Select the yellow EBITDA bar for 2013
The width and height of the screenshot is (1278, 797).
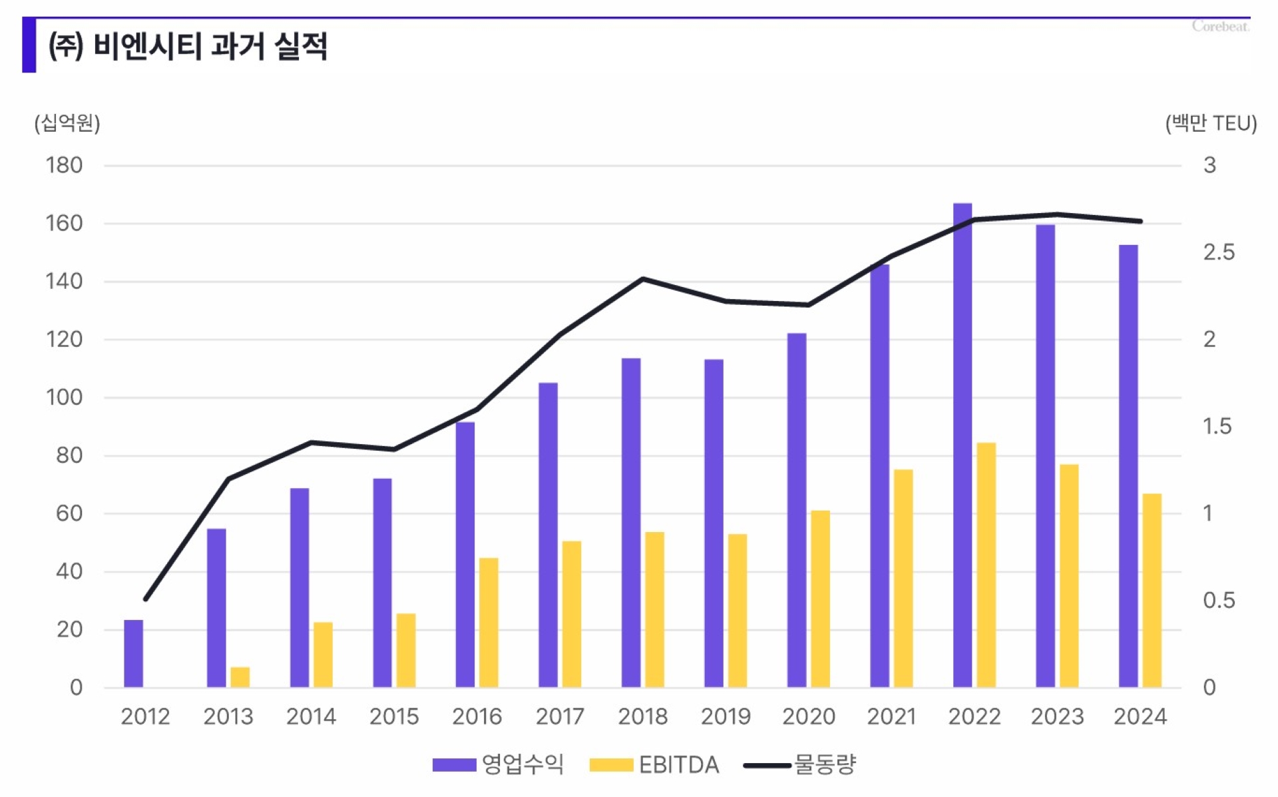pyautogui.click(x=240, y=676)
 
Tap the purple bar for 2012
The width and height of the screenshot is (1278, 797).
pyautogui.click(x=133, y=653)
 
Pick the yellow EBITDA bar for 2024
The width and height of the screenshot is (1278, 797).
pyautogui.click(x=1152, y=590)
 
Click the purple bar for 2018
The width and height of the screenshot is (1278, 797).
pyautogui.click(x=630, y=523)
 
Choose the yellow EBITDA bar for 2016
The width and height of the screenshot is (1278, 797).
pyautogui.click(x=489, y=622)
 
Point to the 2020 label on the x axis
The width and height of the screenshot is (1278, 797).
pyautogui.click(x=808, y=716)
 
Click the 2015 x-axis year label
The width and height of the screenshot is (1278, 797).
pyautogui.click(x=393, y=716)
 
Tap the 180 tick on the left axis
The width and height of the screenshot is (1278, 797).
pyautogui.click(x=64, y=165)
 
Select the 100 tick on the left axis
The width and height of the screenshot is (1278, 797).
pyautogui.click(x=64, y=398)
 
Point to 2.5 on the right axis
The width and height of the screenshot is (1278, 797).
pyautogui.click(x=1218, y=252)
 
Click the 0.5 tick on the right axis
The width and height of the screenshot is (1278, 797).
pyautogui.click(x=1218, y=601)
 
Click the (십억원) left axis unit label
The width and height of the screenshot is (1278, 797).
pyautogui.click(x=67, y=123)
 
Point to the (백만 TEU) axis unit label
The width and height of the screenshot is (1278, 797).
pyautogui.click(x=1210, y=123)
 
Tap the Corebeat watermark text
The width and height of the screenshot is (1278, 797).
pyautogui.click(x=1220, y=27)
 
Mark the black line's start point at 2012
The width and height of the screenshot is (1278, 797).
pyautogui.click(x=146, y=599)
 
